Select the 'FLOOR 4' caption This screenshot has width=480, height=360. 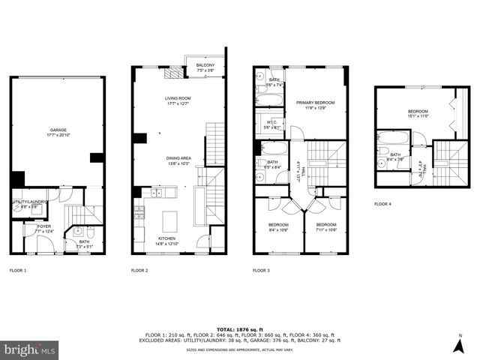383,203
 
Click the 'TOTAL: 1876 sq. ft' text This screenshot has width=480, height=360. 240,329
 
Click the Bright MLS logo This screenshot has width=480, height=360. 30,349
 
